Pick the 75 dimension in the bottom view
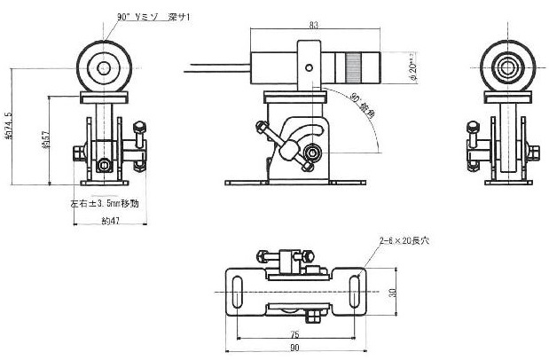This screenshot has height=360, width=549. [x=294, y=334]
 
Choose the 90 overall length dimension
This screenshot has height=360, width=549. [x=294, y=349]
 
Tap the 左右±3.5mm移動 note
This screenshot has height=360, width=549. [x=105, y=203]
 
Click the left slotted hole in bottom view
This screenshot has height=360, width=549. [x=237, y=293]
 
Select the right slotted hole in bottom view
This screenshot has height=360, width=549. [x=354, y=293]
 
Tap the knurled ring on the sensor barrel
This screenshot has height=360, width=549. [x=353, y=66]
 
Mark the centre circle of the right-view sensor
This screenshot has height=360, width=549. [x=506, y=67]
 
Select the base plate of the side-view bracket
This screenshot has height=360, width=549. [x=294, y=184]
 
